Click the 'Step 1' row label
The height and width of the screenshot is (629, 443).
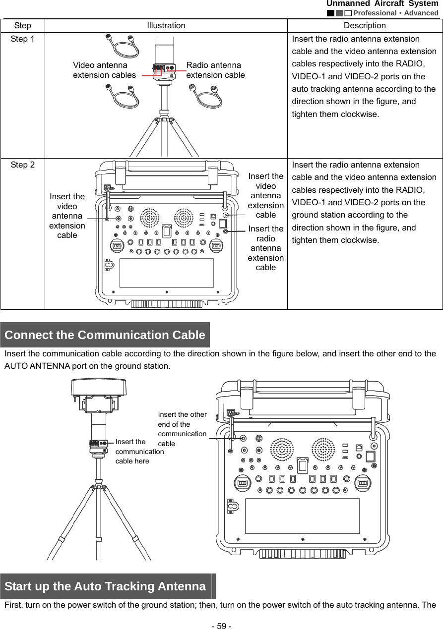(22, 39)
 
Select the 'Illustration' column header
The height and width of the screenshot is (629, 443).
(166, 25)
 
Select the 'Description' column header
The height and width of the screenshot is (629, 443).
(365, 25)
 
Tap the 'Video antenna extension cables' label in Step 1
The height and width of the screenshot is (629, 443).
(104, 70)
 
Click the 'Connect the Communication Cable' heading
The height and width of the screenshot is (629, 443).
(105, 335)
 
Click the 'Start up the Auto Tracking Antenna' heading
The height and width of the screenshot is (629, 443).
(105, 586)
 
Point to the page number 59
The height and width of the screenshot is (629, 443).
(221, 626)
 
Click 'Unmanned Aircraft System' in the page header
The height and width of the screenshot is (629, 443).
(382, 4)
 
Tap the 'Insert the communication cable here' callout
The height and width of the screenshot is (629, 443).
(139, 451)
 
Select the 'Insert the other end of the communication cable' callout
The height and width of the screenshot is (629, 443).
(182, 429)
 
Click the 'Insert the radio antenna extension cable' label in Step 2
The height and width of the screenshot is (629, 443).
(266, 248)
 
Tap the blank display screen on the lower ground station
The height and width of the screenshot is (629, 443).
(303, 516)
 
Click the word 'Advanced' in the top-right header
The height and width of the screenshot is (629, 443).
(421, 13)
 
